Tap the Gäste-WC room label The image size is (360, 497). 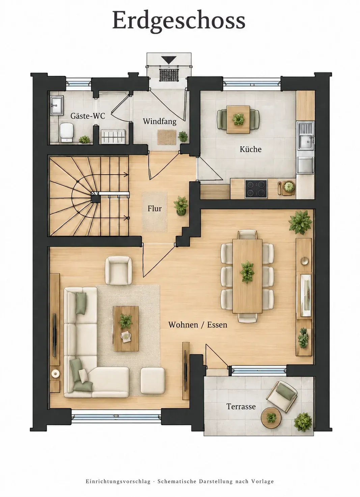[x=88, y=116]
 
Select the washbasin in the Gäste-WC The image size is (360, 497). [x=57, y=105]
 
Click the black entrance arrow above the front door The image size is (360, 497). [x=169, y=60]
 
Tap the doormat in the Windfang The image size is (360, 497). [x=167, y=137]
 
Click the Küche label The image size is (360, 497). [x=250, y=149]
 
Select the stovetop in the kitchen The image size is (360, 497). [x=256, y=189]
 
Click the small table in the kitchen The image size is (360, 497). [x=238, y=120]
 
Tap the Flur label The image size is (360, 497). [x=155, y=209]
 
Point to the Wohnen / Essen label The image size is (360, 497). [x=198, y=325]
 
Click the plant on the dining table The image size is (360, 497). [x=247, y=272]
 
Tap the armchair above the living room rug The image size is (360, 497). [x=118, y=270]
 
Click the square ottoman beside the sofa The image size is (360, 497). [x=153, y=380]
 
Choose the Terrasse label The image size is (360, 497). [x=241, y=407]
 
